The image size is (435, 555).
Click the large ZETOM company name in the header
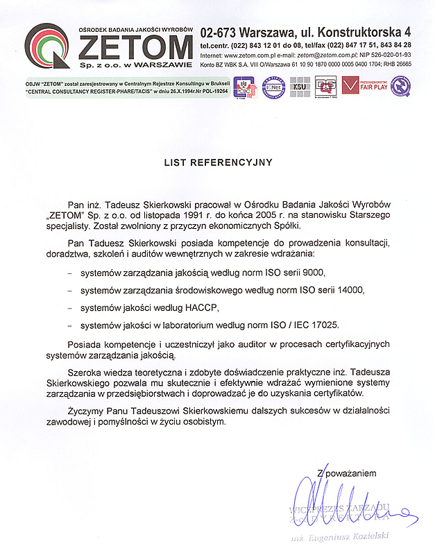(x=135, y=46)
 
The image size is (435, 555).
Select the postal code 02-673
(x=219, y=32)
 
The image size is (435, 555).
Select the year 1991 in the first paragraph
(x=191, y=215)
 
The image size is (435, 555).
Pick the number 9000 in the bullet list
(x=312, y=272)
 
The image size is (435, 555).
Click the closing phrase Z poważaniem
(x=346, y=473)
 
